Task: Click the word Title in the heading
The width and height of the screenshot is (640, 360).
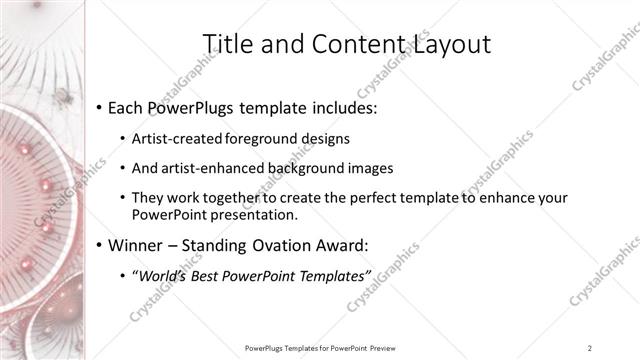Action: point(227,44)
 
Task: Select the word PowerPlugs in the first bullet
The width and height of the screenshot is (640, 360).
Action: point(198,107)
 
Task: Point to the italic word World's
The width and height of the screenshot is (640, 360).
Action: point(162,275)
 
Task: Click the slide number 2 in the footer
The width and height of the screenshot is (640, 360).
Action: point(590,348)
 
